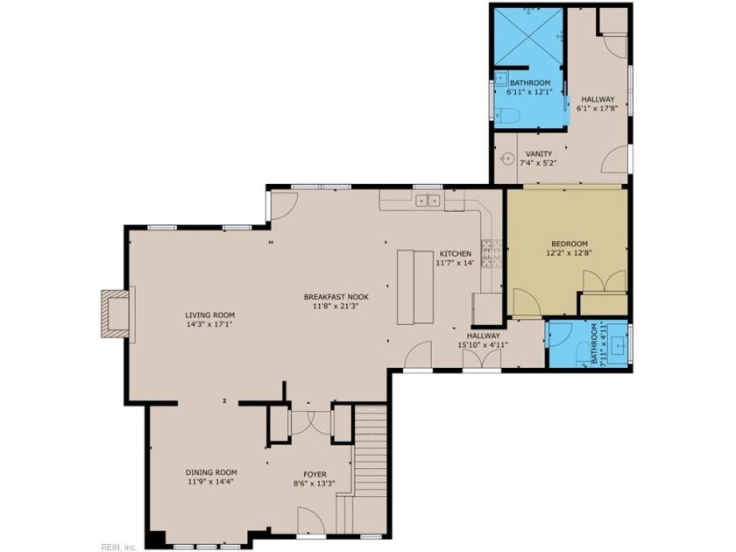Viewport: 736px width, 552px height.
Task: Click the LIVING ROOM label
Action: [209, 315]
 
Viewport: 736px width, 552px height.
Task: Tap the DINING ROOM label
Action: [211, 472]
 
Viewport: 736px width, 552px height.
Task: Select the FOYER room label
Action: [315, 475]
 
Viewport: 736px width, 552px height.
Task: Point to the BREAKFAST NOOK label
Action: [336, 297]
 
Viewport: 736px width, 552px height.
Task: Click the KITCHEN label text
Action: [456, 254]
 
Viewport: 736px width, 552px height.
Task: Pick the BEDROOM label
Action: [570, 244]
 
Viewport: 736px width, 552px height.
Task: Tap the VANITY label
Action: [539, 154]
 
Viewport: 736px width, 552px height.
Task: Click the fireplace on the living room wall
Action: [115, 314]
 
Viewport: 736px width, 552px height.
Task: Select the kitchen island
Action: [415, 287]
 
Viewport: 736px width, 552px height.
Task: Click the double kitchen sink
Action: [428, 201]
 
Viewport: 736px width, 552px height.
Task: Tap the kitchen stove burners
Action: [491, 253]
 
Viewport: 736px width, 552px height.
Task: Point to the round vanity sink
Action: [506, 159]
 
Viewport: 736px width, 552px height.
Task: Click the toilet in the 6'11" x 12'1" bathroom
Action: [505, 116]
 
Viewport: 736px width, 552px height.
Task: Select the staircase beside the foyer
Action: [370, 470]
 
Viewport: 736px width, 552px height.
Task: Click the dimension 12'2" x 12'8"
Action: [569, 253]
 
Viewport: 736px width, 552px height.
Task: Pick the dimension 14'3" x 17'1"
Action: [209, 324]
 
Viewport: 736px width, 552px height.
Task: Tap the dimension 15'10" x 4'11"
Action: [483, 345]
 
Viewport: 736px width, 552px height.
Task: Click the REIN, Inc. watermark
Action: [119, 548]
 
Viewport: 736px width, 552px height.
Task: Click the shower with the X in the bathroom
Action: [528, 36]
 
